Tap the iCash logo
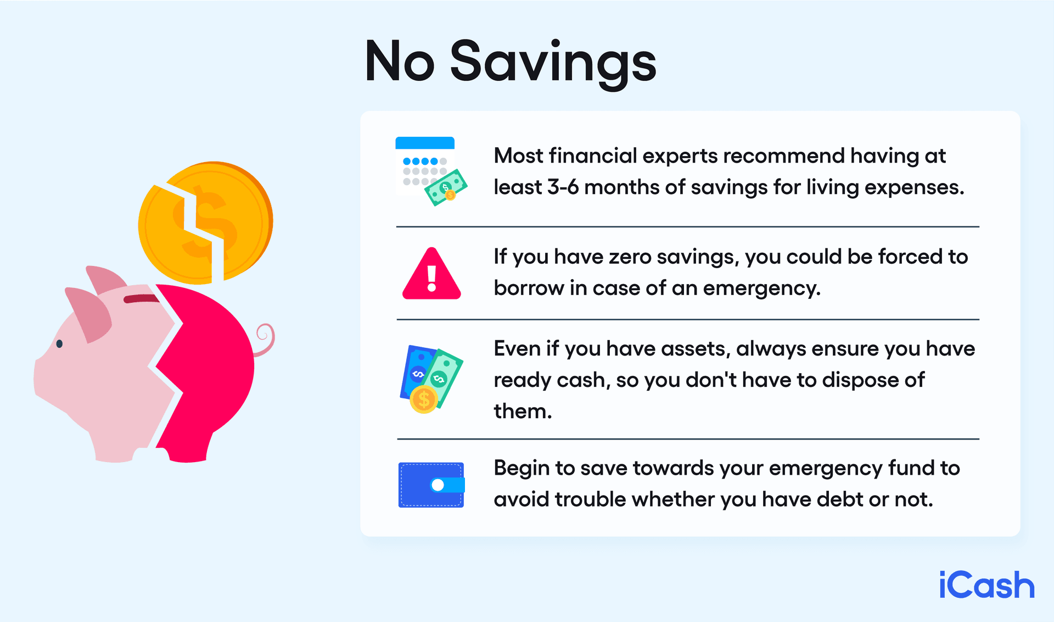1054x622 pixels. (986, 585)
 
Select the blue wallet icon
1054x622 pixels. (431, 485)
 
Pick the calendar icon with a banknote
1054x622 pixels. (431, 171)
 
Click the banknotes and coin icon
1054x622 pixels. (431, 380)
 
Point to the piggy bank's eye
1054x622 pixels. (59, 344)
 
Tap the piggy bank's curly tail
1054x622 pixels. (266, 339)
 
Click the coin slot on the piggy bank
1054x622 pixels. (141, 299)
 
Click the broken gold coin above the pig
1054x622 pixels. (206, 223)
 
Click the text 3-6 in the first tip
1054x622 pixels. (563, 187)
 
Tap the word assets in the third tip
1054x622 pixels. (695, 349)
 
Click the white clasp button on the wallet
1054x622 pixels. (438, 485)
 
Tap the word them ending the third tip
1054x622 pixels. (522, 411)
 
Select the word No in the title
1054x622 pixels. (400, 62)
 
